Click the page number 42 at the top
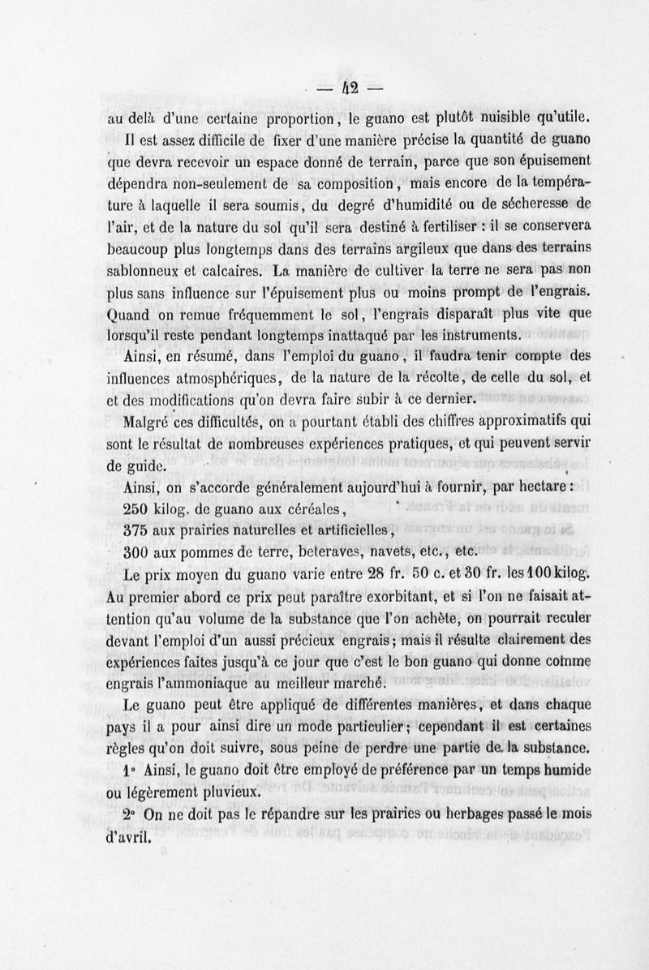(x=351, y=86)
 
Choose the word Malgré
(x=146, y=422)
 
